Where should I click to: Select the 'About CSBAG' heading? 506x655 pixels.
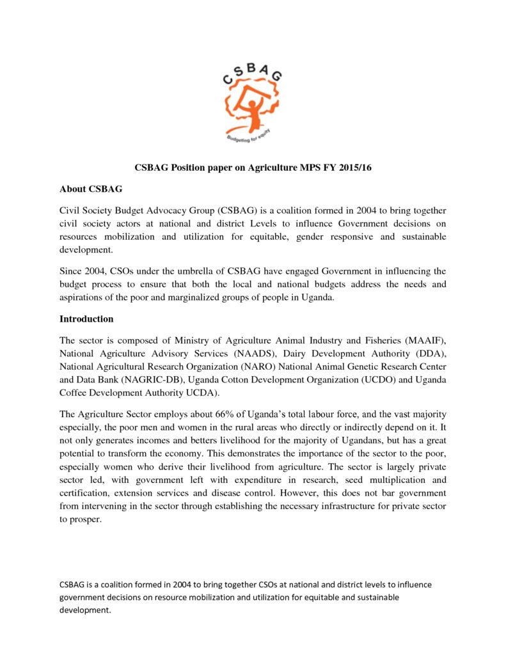90,190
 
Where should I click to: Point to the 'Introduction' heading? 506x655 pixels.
86,319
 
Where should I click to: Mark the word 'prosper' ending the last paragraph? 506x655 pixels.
85,519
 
